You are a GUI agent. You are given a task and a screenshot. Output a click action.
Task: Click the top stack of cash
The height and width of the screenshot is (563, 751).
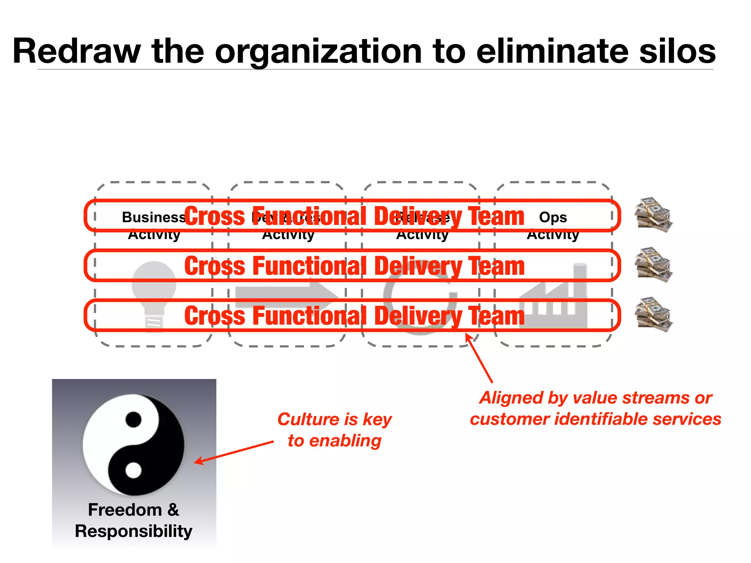coord(654,215)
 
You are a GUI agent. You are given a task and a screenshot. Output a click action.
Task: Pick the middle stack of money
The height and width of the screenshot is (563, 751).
coord(654,265)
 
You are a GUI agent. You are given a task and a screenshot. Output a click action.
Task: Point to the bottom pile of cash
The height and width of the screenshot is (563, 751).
coord(654,315)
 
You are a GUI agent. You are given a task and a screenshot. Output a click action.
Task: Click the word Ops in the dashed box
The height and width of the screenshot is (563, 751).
coord(553,218)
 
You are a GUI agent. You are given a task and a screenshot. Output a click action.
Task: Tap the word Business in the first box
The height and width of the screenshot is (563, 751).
coord(153,217)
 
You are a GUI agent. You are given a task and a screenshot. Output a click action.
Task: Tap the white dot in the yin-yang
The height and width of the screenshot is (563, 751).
coord(133,470)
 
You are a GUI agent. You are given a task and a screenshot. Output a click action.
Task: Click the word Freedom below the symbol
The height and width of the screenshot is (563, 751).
coord(125,510)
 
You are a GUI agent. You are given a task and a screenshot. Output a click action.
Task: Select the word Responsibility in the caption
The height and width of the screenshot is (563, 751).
coord(133,531)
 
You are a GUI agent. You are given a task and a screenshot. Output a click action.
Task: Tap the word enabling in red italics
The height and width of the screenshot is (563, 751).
coord(345,441)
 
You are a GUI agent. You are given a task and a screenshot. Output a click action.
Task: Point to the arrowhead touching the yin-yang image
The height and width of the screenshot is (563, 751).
coord(198,461)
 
